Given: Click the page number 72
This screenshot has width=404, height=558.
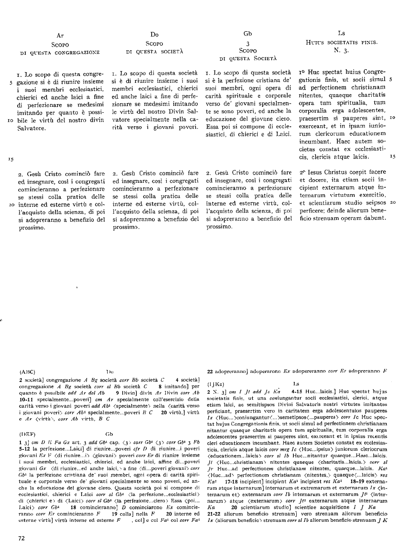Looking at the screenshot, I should pos(21,538).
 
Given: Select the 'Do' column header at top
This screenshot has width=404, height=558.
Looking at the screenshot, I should pos(154,34).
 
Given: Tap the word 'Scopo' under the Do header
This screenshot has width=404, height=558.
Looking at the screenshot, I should pos(154,43).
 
